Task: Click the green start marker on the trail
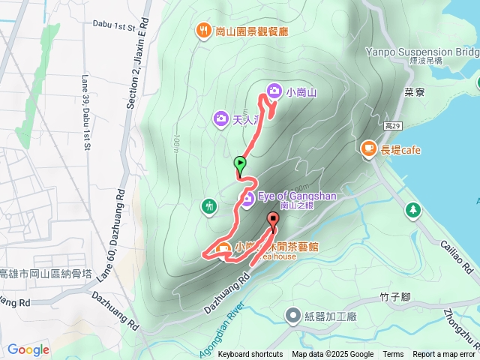pyautogui.click(x=240, y=163)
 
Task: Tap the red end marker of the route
pyautogui.click(x=272, y=220)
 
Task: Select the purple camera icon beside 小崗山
pyautogui.click(x=274, y=91)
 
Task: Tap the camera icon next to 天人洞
pyautogui.click(x=220, y=118)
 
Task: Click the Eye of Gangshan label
pyautogui.click(x=297, y=196)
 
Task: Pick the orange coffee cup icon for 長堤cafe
pyautogui.click(x=368, y=149)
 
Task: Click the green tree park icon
pyautogui.click(x=412, y=209)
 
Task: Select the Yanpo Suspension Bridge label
pyautogui.click(x=422, y=52)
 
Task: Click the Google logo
pyautogui.click(x=28, y=349)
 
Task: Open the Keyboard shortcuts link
pyautogui.click(x=250, y=355)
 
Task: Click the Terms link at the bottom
pyautogui.click(x=393, y=355)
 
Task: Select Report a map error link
pyautogui.click(x=443, y=355)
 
